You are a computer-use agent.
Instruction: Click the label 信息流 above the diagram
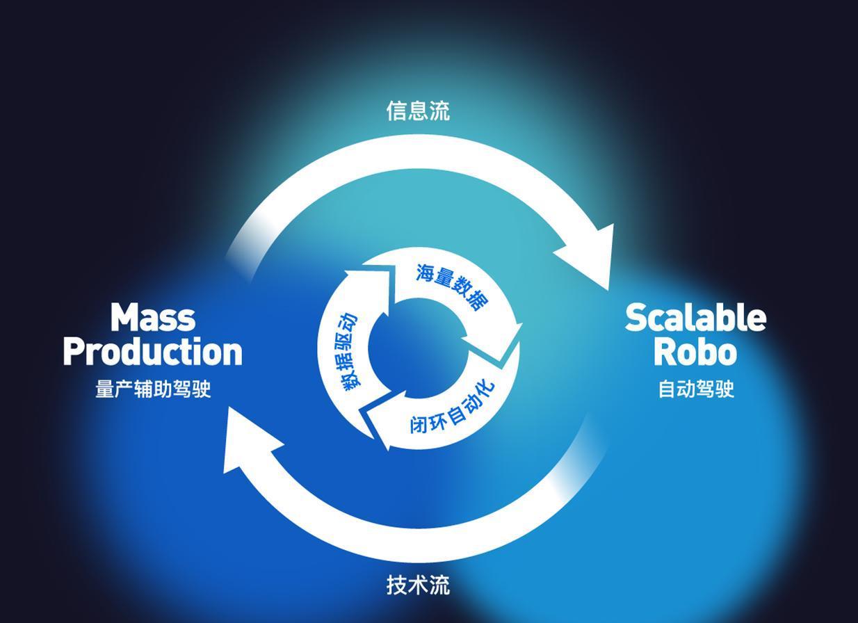[x=418, y=111]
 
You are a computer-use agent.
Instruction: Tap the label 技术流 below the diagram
[x=418, y=585]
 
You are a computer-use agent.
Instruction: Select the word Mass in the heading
[x=153, y=318]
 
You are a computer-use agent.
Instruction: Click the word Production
[x=153, y=352]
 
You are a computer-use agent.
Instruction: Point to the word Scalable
[x=695, y=318]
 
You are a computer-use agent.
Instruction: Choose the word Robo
[x=695, y=352]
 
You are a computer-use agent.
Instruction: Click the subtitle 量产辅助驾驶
[x=153, y=389]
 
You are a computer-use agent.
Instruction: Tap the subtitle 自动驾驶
[x=696, y=389]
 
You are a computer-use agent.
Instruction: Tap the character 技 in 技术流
[x=396, y=585]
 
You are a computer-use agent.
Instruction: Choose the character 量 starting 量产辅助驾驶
[x=104, y=389]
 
